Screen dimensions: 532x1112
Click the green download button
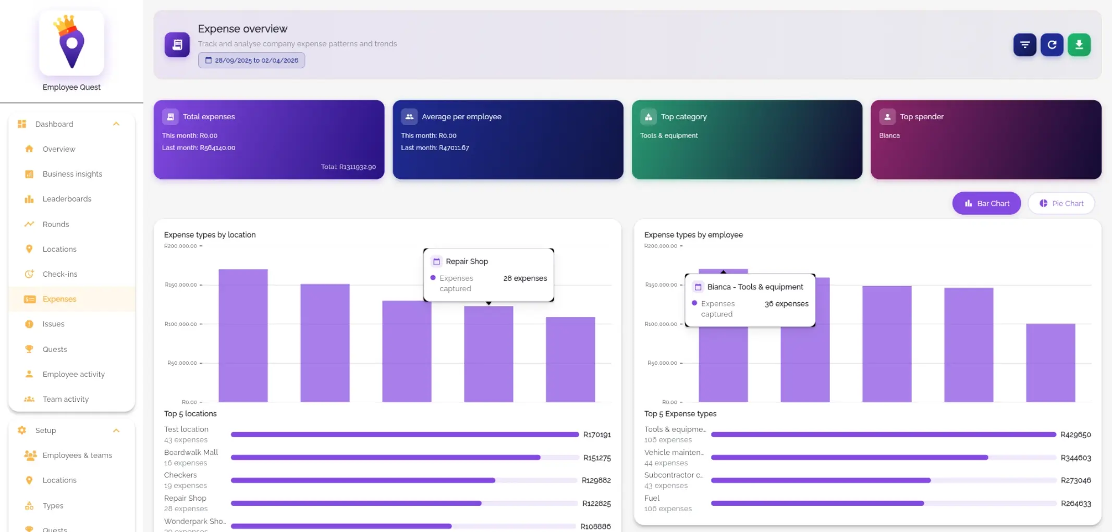click(x=1079, y=45)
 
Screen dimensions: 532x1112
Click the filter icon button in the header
click(x=1024, y=45)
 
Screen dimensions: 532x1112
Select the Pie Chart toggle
click(x=1061, y=203)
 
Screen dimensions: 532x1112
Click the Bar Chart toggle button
click(x=986, y=203)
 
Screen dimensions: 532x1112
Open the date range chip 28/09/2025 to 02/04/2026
click(x=251, y=60)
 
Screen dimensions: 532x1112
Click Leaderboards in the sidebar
click(x=67, y=199)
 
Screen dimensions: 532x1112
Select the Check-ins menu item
click(x=60, y=274)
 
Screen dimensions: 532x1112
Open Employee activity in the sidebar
click(x=74, y=374)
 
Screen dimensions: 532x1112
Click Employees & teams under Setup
click(x=77, y=455)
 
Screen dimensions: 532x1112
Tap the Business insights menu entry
click(x=72, y=174)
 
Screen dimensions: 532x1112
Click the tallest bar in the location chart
click(x=243, y=336)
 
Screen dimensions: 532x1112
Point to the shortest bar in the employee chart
click(x=1050, y=363)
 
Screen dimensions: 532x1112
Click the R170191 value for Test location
click(x=596, y=435)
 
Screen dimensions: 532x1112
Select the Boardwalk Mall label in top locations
click(x=191, y=452)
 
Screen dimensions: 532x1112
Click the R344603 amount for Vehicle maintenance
click(x=1076, y=457)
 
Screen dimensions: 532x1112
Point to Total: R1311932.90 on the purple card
click(x=348, y=167)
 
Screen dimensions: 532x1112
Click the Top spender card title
click(x=921, y=117)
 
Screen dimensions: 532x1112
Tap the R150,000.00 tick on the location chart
click(x=181, y=285)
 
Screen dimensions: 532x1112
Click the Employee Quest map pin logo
click(x=71, y=43)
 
